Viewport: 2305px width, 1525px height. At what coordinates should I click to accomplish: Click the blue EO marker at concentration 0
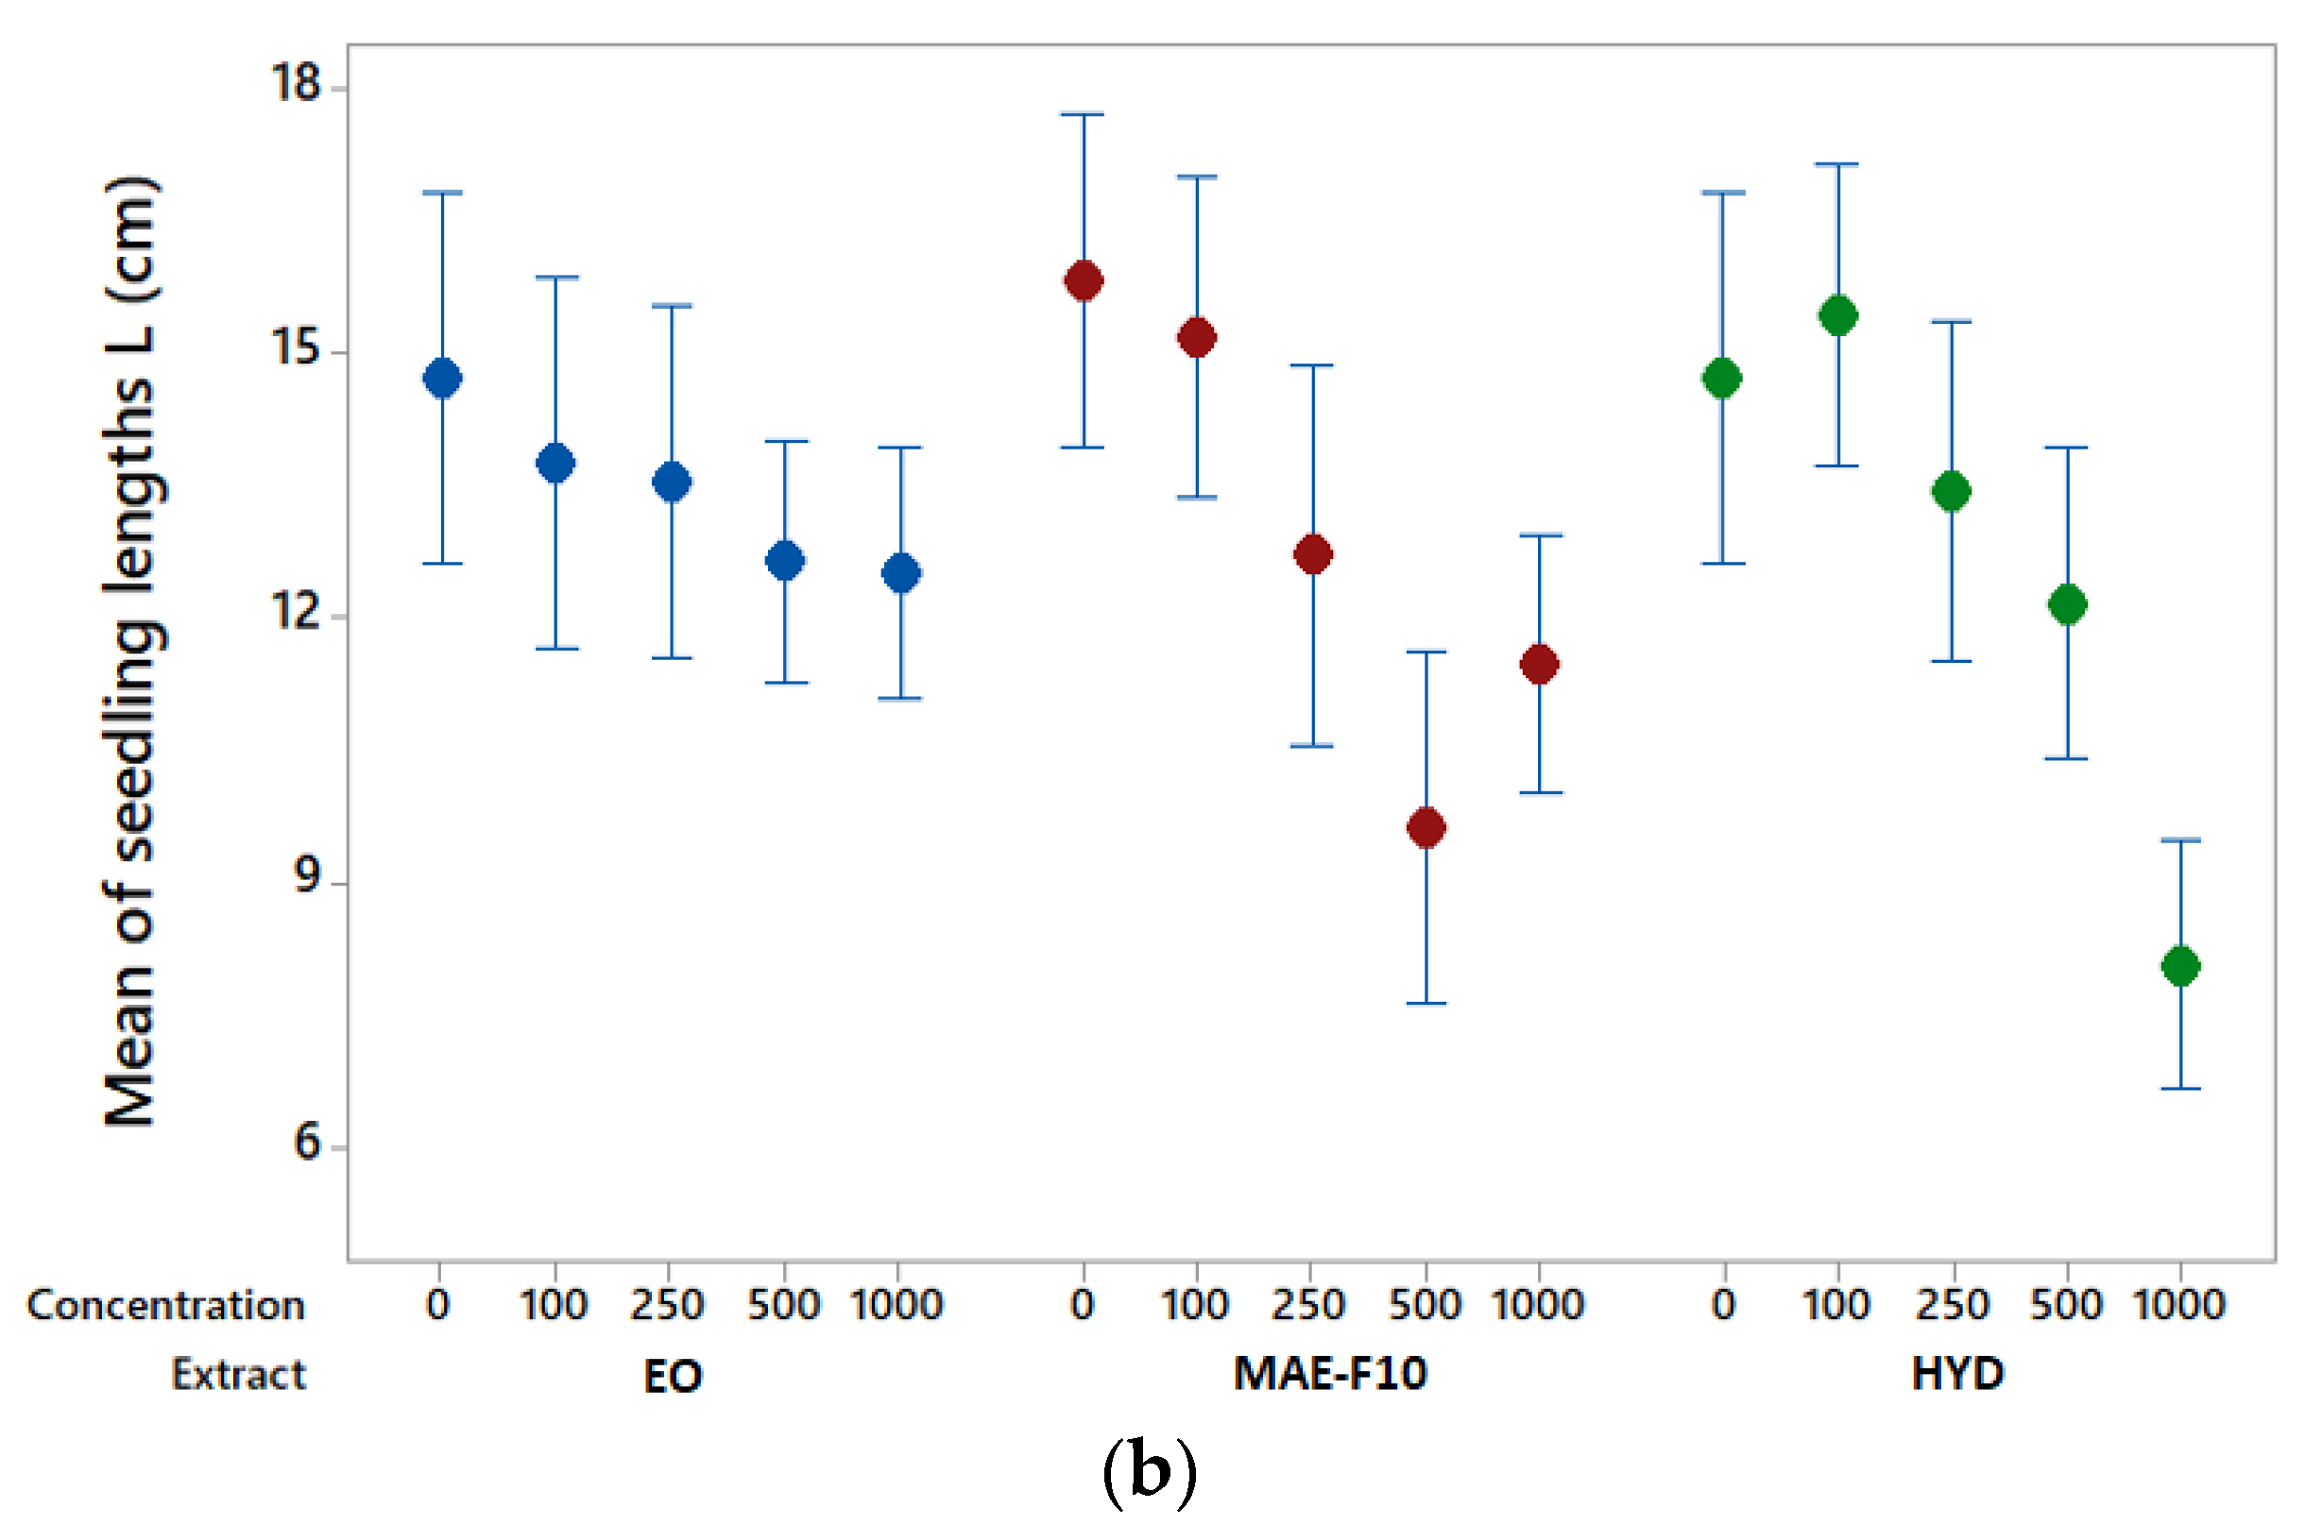pos(443,378)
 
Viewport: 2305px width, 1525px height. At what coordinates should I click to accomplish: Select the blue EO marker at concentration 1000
pos(901,573)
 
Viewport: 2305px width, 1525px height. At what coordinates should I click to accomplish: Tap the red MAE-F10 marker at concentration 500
pos(1426,828)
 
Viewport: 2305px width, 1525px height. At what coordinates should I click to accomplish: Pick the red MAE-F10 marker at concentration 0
pos(1083,281)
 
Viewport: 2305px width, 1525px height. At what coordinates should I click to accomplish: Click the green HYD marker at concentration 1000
pos(2180,966)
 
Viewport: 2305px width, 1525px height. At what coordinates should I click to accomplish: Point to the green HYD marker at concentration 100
pos(1838,315)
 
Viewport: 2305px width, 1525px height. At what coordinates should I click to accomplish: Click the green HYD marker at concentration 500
pos(2067,604)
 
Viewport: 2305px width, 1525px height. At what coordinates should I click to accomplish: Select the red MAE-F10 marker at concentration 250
pos(1312,554)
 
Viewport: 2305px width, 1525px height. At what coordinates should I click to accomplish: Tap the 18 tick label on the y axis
pos(295,82)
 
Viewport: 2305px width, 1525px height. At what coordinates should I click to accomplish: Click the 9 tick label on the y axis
pos(306,875)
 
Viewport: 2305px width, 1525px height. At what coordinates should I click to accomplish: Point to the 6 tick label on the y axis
pos(306,1140)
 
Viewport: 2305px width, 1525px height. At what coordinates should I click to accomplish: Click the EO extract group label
pos(673,1376)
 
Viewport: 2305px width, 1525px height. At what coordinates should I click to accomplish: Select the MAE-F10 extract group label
pos(1329,1373)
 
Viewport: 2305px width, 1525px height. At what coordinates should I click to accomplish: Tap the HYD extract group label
pos(1957,1373)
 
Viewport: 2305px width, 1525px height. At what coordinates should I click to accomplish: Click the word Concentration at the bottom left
pos(165,1305)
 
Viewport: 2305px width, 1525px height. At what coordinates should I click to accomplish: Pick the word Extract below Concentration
pos(238,1374)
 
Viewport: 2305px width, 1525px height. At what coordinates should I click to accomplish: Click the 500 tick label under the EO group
pos(783,1304)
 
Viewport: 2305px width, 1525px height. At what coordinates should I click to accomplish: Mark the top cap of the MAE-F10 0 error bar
pos(1083,114)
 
